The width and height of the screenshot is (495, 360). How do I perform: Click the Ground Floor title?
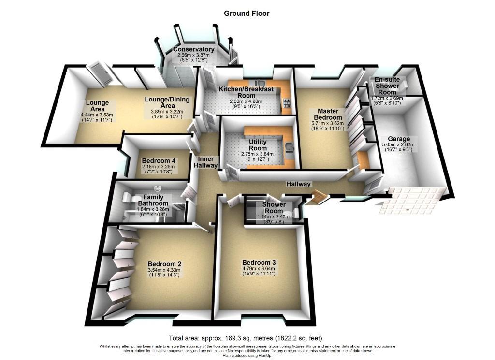pos(247,14)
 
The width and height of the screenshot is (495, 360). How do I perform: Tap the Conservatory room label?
pos(194,49)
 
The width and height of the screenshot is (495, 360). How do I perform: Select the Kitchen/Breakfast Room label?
pos(246,92)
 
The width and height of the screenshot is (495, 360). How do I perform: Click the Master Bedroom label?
pos(328,114)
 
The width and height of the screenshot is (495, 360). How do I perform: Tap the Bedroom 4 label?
pos(159,161)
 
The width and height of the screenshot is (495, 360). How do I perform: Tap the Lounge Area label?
pos(98,106)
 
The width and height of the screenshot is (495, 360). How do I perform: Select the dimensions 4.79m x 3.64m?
pos(259,269)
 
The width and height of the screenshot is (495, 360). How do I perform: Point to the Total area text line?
pos(245,338)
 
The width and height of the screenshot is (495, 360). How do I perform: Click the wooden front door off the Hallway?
pos(318,196)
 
